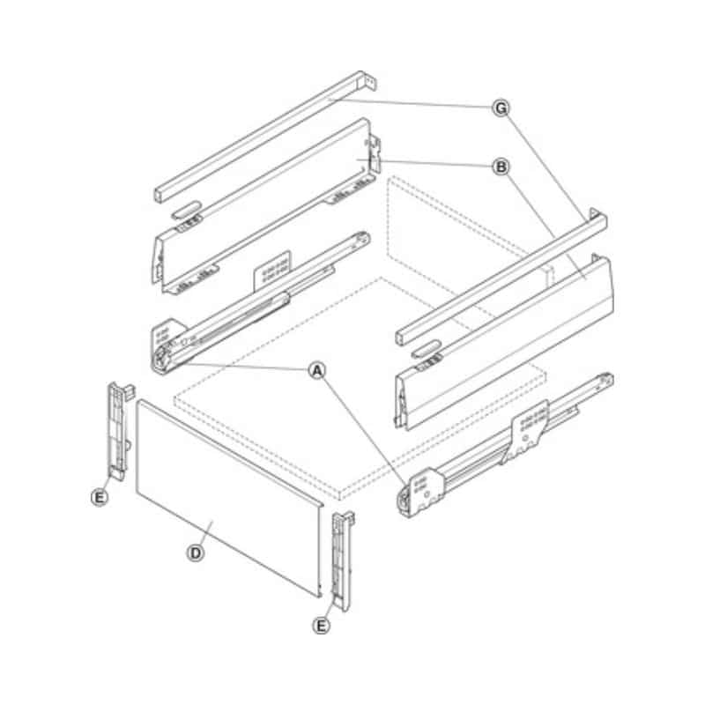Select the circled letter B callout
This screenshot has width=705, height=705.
point(501,166)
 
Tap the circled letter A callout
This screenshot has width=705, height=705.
point(315,370)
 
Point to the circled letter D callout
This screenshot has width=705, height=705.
point(197,553)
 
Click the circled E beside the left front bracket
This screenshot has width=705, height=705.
point(100,498)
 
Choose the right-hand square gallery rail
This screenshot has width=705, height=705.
point(498,273)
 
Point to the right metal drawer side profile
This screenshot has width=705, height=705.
point(502,344)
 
